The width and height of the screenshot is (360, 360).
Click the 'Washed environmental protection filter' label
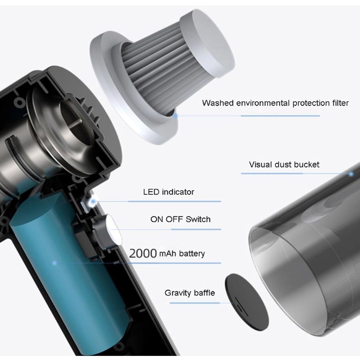[275, 103]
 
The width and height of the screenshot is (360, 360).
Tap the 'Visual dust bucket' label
[284, 164]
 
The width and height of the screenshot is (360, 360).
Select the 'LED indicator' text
[168, 192]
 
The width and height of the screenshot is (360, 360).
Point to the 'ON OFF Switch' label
[180, 219]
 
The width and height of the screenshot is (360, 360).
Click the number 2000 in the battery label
[143, 253]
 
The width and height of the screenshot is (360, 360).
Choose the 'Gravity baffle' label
[189, 293]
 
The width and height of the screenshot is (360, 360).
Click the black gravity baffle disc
[247, 302]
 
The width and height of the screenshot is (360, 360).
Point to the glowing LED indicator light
[93, 202]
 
